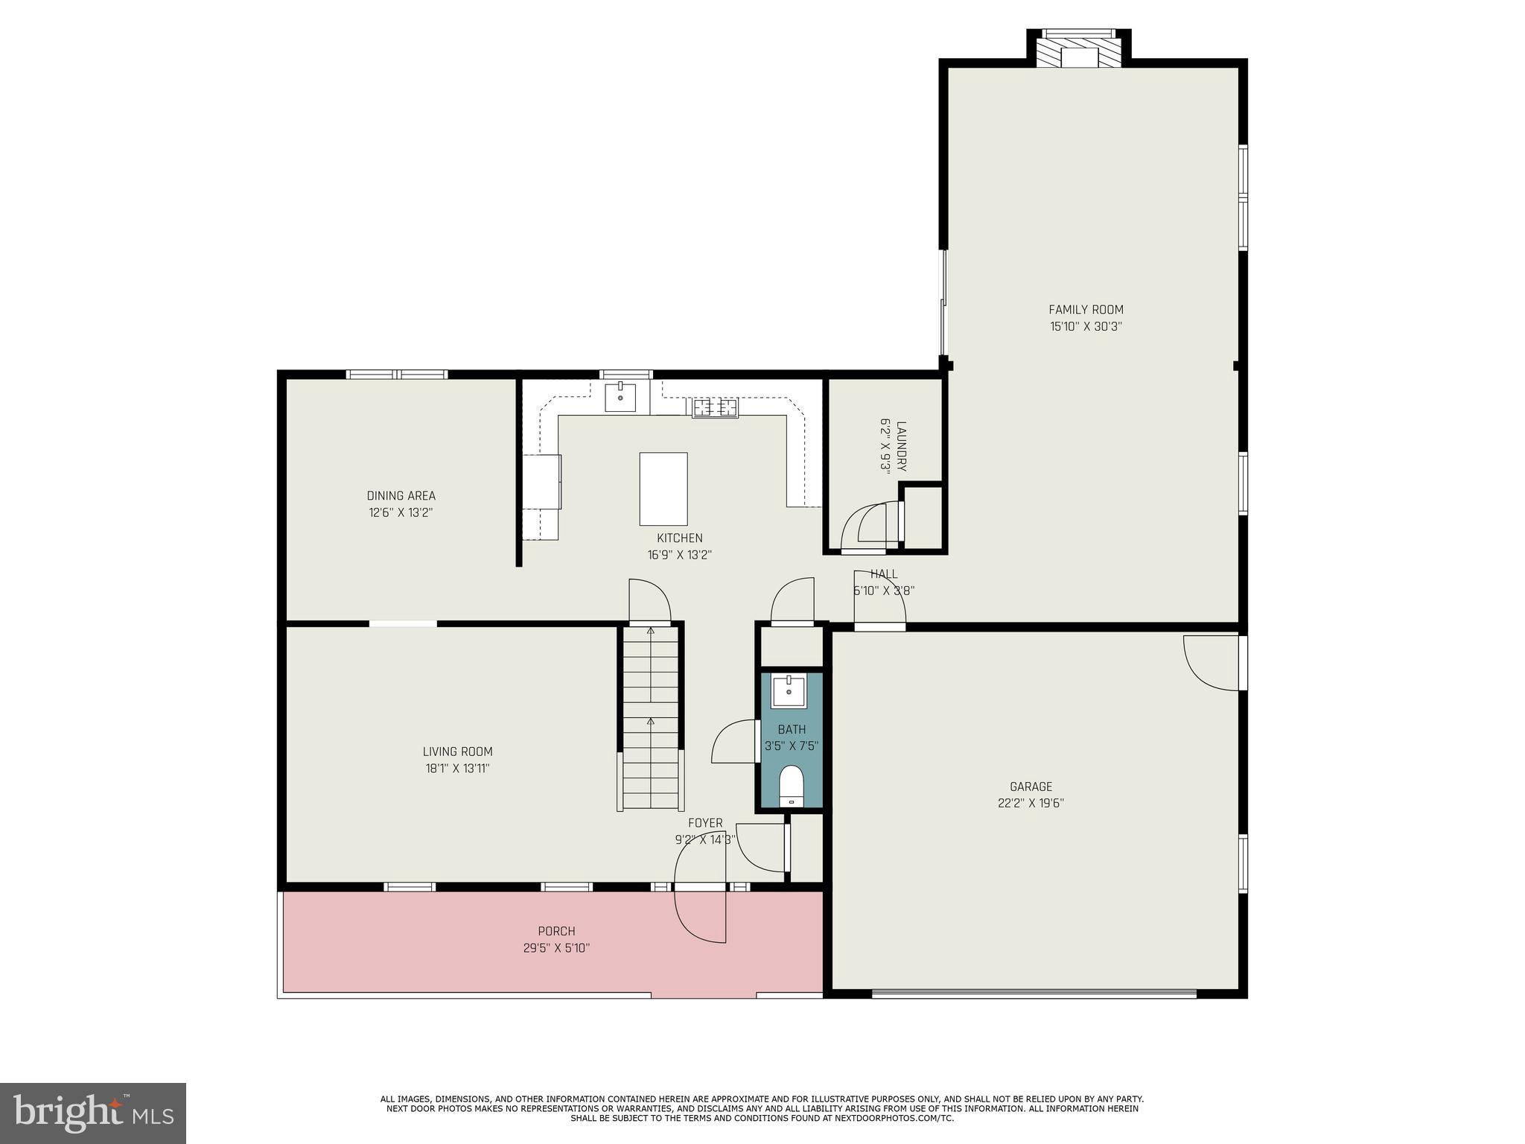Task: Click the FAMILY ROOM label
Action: [x=1086, y=310]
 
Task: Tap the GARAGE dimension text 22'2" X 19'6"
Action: [x=1031, y=803]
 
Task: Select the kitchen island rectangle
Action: [x=663, y=489]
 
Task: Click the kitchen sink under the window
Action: [x=620, y=397]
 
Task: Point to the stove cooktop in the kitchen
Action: [x=715, y=407]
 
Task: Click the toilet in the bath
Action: [x=791, y=786]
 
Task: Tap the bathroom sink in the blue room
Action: [x=788, y=690]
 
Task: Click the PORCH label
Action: [x=556, y=931]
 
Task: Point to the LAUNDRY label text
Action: [x=901, y=446]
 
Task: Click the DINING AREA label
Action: [x=401, y=496]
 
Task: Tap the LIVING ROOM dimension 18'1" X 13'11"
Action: [x=457, y=769]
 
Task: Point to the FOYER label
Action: [x=704, y=823]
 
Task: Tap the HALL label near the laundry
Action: [x=884, y=574]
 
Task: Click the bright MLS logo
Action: [x=92, y=1113]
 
